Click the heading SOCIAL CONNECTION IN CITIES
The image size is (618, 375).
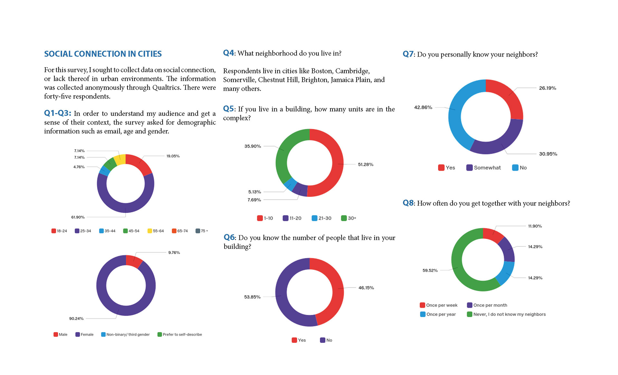click(103, 54)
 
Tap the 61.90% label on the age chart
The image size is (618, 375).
click(78, 217)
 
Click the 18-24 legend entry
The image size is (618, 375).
click(59, 231)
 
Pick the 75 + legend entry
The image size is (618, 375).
click(202, 231)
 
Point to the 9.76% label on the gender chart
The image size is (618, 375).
click(174, 252)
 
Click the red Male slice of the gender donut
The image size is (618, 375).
click(134, 261)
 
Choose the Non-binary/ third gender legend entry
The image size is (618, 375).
click(126, 334)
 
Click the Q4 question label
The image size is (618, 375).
click(229, 53)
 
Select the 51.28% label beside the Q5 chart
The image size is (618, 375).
click(366, 164)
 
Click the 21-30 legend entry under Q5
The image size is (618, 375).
click(322, 218)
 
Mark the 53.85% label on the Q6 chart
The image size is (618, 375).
click(252, 297)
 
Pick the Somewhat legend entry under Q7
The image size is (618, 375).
click(484, 168)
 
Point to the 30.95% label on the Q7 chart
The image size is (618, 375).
click(548, 154)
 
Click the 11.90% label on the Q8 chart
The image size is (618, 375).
click(535, 226)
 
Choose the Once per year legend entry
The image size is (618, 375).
click(438, 314)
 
